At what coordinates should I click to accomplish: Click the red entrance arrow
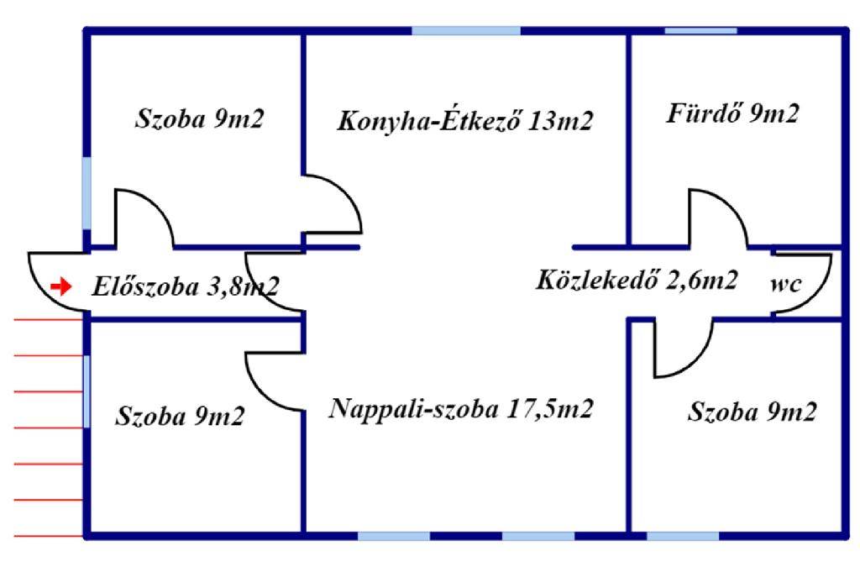click(x=60, y=286)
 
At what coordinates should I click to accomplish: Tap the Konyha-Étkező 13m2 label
click(x=465, y=121)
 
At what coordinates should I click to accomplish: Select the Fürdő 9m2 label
click(x=732, y=113)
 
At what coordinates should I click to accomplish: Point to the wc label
click(x=786, y=284)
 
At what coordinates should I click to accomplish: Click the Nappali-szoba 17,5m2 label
click(x=461, y=408)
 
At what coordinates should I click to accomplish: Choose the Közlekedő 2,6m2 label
click(x=637, y=280)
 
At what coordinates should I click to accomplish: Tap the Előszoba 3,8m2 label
click(x=186, y=286)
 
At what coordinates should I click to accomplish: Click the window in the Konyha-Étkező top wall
click(x=465, y=31)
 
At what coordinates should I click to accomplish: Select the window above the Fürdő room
click(x=700, y=31)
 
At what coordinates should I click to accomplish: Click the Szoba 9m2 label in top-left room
click(x=200, y=118)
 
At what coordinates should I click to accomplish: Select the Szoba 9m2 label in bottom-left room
click(x=180, y=416)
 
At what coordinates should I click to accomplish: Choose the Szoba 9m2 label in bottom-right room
click(x=752, y=412)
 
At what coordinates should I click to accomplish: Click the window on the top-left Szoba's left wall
click(x=87, y=192)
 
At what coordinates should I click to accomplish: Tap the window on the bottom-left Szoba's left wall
click(x=87, y=391)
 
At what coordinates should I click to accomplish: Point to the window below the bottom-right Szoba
click(x=683, y=536)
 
